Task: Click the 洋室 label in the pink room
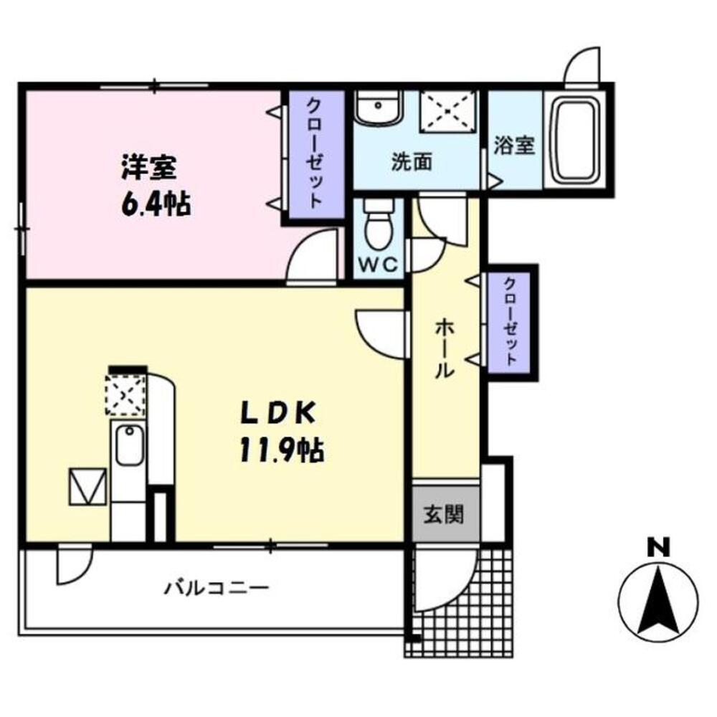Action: point(148,169)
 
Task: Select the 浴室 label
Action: point(514,146)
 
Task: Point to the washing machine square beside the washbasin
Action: point(447,111)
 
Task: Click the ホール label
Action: point(445,348)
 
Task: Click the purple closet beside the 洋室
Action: point(315,152)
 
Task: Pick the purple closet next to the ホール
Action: point(509,321)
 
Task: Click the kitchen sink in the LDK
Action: point(128,446)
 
